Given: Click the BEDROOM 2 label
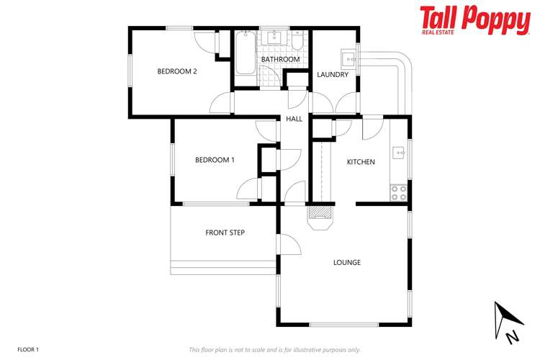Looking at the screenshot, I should (177, 71).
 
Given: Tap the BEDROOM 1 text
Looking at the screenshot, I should (215, 160).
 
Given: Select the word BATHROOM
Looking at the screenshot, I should (280, 59).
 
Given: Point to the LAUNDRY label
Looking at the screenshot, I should (333, 75).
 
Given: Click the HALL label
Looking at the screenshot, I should (294, 119).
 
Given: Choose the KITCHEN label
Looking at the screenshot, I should (361, 162).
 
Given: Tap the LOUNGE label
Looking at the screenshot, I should (346, 263).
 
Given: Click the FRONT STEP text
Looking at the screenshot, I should (225, 233).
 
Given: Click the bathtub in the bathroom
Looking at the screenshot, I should (244, 52).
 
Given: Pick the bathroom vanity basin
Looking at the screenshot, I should (275, 37).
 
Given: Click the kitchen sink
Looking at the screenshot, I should (398, 153).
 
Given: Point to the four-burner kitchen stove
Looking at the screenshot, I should (398, 192).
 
